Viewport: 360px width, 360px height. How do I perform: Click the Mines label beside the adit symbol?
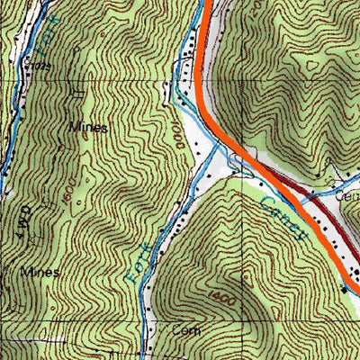(88, 128)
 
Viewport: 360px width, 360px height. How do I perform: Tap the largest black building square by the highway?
(346, 290)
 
